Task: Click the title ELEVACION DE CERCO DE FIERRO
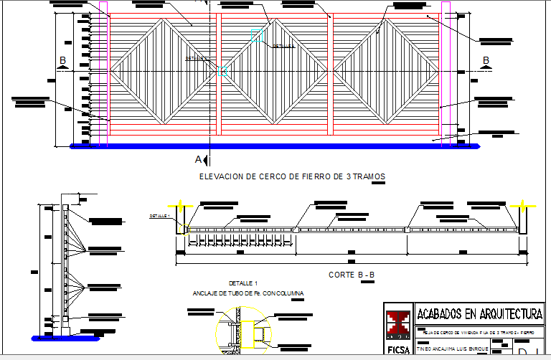click(291, 176)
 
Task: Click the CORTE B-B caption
click(352, 275)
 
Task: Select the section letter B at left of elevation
click(62, 60)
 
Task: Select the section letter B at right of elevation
click(486, 60)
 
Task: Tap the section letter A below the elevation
click(199, 158)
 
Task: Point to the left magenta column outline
click(103, 72)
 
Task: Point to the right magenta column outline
click(446, 72)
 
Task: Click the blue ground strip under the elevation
click(275, 146)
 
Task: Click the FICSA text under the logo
click(397, 351)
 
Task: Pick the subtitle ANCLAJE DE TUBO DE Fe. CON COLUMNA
click(248, 293)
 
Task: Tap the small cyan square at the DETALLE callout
click(219, 71)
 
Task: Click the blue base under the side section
click(63, 336)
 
